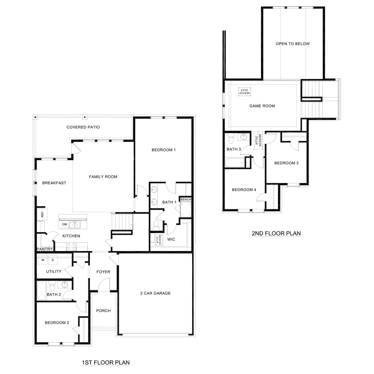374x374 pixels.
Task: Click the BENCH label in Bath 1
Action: coord(185,200)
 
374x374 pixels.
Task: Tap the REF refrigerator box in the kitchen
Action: coord(42,214)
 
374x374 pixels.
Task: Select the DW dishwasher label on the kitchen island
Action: coord(65,224)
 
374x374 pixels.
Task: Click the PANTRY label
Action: coord(45,249)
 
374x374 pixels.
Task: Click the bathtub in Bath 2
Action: coord(41,291)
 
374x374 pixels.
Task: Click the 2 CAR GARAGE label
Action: coord(155,293)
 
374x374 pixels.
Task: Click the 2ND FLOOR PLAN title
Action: coord(276,233)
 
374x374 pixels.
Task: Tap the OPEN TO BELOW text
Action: coord(292,44)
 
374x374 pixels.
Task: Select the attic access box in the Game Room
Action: coord(244,91)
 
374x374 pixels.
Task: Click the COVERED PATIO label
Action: coord(83,127)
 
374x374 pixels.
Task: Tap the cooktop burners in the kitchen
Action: coord(71,246)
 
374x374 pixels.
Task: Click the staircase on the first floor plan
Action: coord(122,222)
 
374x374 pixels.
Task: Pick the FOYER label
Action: coord(103,272)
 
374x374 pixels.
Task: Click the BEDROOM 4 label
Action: coord(244,190)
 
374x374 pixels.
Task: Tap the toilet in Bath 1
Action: coord(156,225)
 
